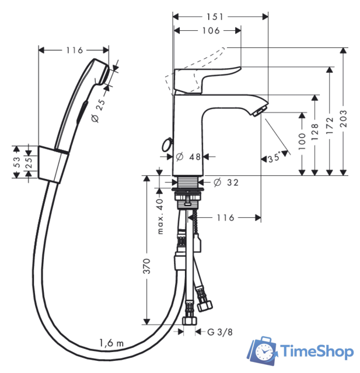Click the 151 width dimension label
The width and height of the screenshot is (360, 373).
215,17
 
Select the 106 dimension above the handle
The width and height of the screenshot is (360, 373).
211,31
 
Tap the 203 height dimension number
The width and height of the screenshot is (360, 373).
343,118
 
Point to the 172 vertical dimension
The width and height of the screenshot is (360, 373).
330,125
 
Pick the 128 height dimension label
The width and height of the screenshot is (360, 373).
314,132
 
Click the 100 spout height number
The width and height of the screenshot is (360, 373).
302,141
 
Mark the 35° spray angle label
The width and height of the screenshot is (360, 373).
275,157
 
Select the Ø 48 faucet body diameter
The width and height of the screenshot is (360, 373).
188,157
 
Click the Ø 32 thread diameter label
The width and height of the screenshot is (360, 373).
226,182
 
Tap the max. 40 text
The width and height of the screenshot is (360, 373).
160,216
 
